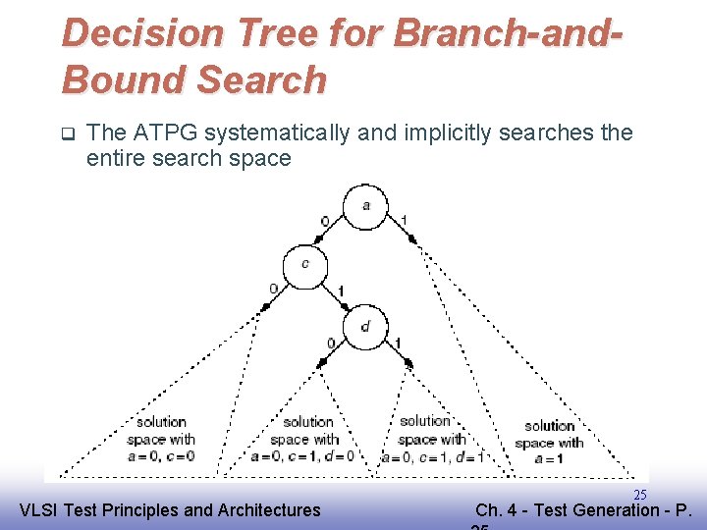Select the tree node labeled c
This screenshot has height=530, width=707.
305,264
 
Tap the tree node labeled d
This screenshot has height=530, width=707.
365,327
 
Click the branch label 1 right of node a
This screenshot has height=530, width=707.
404,219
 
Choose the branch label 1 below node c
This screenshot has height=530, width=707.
340,291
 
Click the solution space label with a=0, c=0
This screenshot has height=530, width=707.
161,439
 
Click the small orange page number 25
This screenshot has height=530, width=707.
639,495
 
